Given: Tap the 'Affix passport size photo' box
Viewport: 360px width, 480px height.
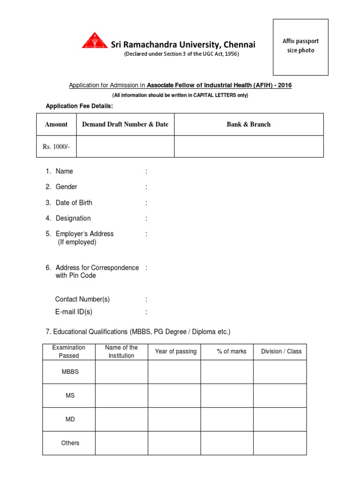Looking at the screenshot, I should click(x=300, y=46).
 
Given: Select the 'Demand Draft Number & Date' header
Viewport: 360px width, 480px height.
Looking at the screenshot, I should click(x=125, y=124).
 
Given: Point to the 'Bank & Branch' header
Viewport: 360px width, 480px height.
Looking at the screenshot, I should click(x=249, y=124).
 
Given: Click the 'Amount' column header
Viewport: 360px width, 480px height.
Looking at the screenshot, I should click(x=56, y=124).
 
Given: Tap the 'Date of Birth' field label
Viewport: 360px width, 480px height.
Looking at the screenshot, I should click(x=74, y=202).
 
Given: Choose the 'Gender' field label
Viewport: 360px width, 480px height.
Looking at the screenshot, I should click(x=67, y=187).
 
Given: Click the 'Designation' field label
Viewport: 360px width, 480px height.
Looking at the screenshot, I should click(x=73, y=218).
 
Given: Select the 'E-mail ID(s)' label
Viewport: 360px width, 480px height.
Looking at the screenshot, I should click(x=74, y=312).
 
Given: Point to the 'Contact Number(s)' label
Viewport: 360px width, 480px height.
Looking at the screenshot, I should click(x=82, y=299).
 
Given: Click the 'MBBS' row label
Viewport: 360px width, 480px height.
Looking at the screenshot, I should click(x=70, y=372).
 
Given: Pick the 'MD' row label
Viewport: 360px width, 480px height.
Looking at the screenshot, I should click(x=70, y=419).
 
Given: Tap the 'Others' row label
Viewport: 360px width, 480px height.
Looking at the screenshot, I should click(x=70, y=443).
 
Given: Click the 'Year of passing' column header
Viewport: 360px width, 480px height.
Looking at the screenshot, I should click(x=176, y=352).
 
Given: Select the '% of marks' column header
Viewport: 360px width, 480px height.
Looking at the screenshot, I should click(x=232, y=352).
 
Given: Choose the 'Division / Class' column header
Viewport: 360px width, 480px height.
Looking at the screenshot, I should click(x=281, y=352).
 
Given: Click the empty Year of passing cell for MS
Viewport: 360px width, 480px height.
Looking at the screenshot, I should click(x=174, y=396).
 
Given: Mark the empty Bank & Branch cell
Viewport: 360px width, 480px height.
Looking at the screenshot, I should click(x=249, y=147).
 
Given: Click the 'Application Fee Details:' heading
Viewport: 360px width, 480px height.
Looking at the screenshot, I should click(x=79, y=106).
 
